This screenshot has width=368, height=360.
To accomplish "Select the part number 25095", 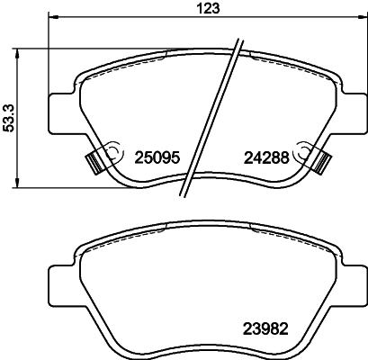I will [159, 156].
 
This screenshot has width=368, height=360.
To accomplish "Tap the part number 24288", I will [265, 156].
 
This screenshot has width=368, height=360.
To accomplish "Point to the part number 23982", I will [267, 328].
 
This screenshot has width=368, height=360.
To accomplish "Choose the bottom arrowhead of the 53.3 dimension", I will [18, 185].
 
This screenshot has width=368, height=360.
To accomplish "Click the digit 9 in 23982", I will [260, 328].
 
